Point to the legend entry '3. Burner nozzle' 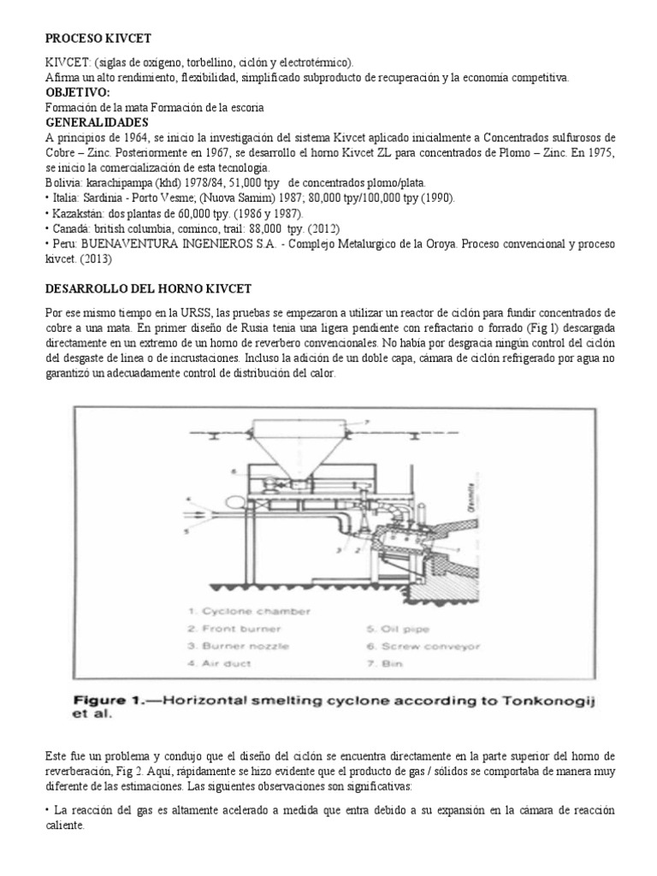coord(229,645)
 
